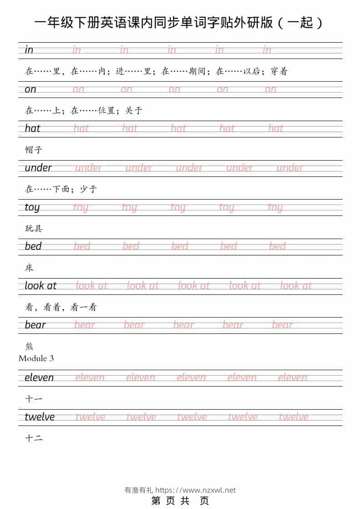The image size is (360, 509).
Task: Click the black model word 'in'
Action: [29, 50]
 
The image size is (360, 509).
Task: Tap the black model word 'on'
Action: [30, 89]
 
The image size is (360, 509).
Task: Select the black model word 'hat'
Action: [33, 128]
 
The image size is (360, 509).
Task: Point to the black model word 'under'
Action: [38, 168]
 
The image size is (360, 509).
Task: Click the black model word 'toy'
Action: [32, 207]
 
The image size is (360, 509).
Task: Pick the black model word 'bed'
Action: [33, 246]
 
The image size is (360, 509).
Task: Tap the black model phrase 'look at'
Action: [40, 286]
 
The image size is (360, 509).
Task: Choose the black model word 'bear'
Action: [35, 325]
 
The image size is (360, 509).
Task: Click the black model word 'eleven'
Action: [39, 377]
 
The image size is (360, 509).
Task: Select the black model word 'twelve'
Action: [39, 417]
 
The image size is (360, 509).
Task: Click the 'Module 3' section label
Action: [36, 358]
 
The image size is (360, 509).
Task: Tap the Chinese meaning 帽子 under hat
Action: [34, 150]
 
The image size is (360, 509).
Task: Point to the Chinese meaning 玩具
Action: [34, 228]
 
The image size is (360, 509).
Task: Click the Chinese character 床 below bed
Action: [29, 268]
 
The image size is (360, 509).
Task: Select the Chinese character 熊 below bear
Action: [29, 347]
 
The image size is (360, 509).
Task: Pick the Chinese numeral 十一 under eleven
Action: [34, 399]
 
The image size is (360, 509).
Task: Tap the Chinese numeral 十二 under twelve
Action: [34, 438]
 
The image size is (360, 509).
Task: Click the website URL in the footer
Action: [196, 490]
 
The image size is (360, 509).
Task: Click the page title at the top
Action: [180, 23]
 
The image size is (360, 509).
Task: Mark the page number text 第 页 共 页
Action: [180, 501]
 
